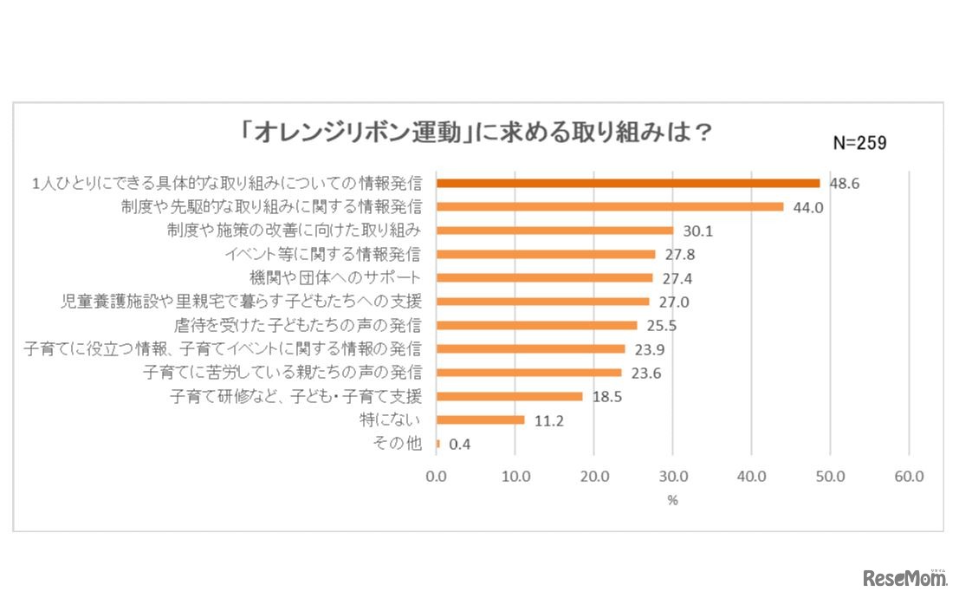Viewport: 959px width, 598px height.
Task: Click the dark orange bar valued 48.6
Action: tap(627, 184)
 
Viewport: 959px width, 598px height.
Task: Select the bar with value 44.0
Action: tap(610, 207)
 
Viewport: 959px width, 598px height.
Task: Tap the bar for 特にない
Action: tap(480, 420)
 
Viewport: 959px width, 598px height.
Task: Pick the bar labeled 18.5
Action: tap(509, 397)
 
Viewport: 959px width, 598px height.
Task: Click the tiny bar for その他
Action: tap(438, 444)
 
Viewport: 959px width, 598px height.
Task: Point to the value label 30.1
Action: tap(697, 231)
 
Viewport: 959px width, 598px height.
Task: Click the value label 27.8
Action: tap(679, 255)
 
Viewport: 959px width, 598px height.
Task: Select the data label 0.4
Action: tap(459, 445)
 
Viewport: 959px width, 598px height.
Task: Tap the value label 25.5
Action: tap(661, 326)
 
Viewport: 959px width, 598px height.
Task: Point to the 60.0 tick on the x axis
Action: tap(909, 476)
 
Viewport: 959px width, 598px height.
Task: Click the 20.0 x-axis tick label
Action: tap(593, 476)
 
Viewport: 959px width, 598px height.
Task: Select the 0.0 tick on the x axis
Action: tap(437, 476)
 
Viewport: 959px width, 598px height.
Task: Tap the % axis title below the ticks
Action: tap(672, 500)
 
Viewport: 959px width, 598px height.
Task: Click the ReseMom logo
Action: tap(906, 577)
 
